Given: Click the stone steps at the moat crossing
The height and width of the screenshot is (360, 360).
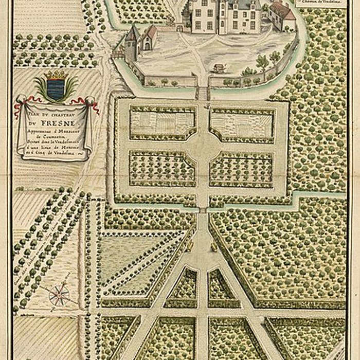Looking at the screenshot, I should [x=203, y=93].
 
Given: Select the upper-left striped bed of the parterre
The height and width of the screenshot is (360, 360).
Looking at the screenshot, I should [x=162, y=123].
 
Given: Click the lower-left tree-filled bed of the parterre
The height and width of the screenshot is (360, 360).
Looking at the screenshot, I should [x=161, y=168].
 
